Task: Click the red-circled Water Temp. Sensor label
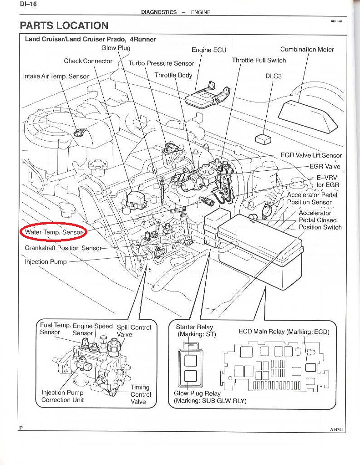tap(53, 232)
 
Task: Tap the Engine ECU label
tap(209, 50)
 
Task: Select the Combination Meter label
tap(307, 50)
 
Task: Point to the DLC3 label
tap(274, 76)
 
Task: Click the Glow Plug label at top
tap(116, 48)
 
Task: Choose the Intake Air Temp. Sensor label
tap(56, 76)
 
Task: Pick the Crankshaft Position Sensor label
tap(63, 248)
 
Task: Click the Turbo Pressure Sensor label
tap(161, 63)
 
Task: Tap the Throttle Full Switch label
tap(259, 60)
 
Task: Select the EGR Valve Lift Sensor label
tap(311, 155)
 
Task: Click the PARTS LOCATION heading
tap(64, 26)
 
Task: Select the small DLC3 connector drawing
tap(264, 139)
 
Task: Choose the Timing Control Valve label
tap(139, 394)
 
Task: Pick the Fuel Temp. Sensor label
tap(54, 329)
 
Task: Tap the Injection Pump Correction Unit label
tap(62, 396)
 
